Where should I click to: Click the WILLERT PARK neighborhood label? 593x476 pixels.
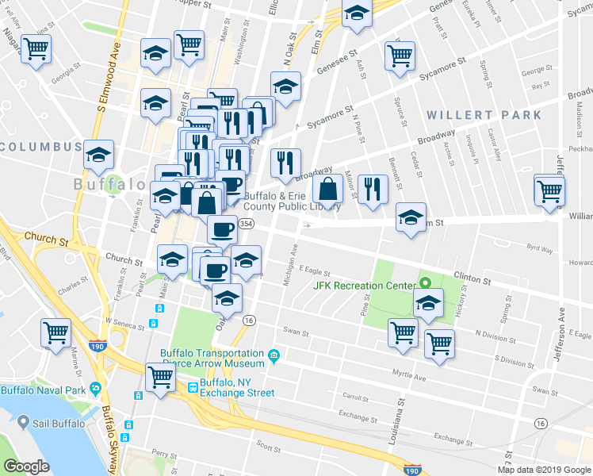coord(484,115)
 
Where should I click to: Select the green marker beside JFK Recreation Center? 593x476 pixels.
coord(425,283)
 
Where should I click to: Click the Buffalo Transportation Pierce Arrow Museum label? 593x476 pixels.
coord(212,358)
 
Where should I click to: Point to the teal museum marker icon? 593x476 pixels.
coord(274,355)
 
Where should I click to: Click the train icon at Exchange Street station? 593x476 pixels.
coord(193,388)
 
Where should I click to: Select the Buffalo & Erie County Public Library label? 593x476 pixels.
coord(292,202)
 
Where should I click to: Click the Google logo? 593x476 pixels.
coord(27,466)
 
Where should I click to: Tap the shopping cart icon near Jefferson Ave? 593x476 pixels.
coord(549,190)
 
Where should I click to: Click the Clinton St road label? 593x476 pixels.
coord(472,279)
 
